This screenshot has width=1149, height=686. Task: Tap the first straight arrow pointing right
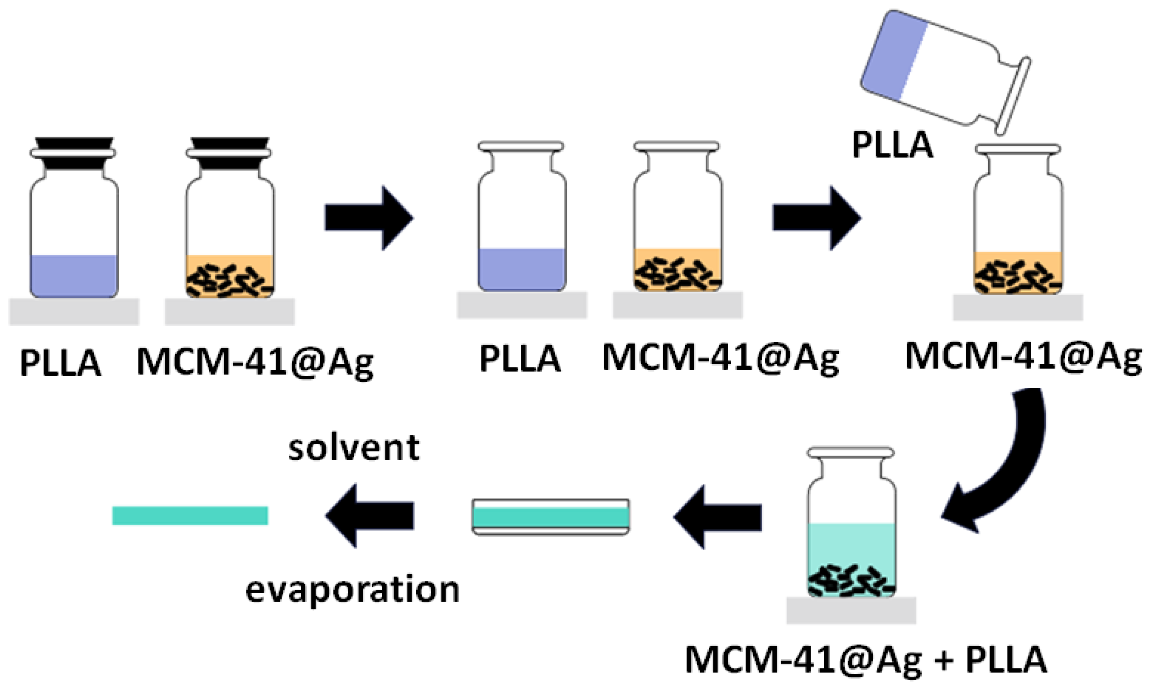coord(368,218)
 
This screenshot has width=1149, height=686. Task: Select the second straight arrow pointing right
coord(816,218)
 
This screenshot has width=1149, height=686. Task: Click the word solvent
coord(354,448)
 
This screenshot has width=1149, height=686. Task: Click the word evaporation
coord(352,591)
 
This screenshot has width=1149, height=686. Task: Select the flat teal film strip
coord(190,516)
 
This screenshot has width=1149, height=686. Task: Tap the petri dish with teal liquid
coord(550,517)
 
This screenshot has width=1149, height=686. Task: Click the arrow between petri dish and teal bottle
coord(717,517)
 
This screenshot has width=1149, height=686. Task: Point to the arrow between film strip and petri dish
coord(370,516)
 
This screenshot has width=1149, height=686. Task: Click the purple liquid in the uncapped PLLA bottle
coord(522,270)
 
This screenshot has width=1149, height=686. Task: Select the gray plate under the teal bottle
coord(851,610)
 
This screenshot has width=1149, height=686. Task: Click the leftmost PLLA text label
coord(60,363)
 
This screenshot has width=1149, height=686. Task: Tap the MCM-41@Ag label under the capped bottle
coord(255,362)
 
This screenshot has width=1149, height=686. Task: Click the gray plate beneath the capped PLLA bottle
coord(74,312)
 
